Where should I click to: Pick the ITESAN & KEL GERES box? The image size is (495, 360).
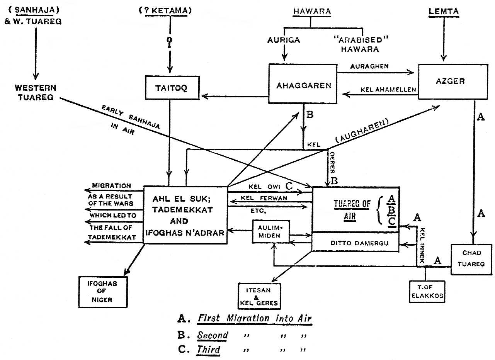[259, 295]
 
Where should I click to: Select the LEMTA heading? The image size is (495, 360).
[444, 12]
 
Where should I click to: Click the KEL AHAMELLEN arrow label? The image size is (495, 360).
[388, 90]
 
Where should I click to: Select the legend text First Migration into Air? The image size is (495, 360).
[254, 319]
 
